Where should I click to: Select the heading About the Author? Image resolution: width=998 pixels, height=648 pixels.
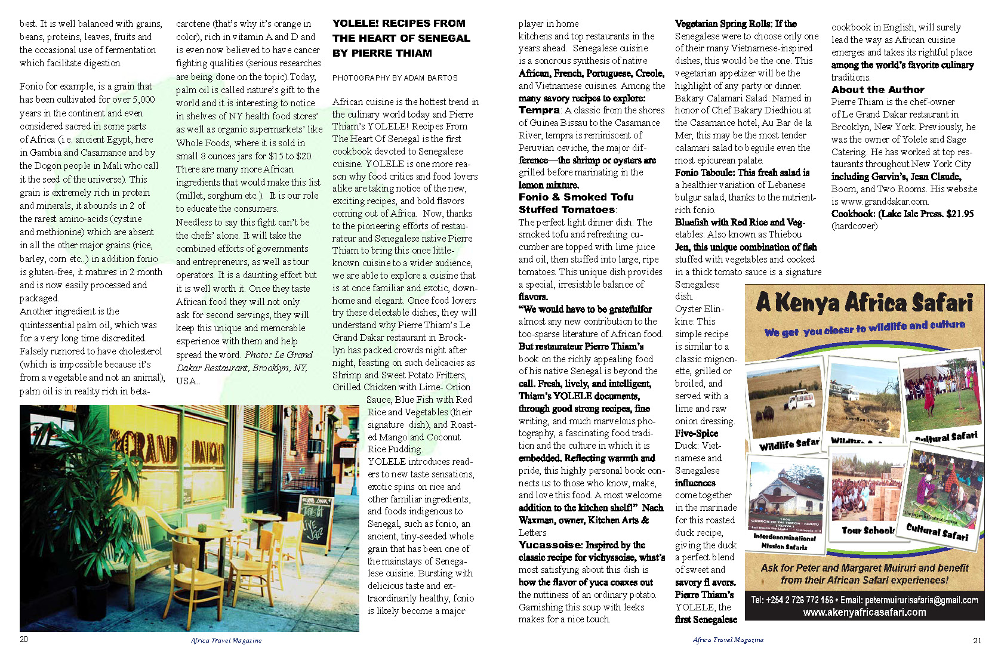click(877, 90)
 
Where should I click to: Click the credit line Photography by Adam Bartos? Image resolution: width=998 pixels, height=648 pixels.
click(395, 78)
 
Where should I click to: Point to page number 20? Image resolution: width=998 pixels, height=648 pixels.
click(24, 639)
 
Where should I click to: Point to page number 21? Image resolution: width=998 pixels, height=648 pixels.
click(977, 640)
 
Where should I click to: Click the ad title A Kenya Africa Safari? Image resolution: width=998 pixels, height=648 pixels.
click(864, 303)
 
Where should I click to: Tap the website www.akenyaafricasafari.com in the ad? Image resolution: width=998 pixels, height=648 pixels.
click(864, 612)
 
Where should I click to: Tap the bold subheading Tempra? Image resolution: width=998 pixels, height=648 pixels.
click(539, 110)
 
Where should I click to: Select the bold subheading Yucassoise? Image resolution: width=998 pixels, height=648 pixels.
click(549, 545)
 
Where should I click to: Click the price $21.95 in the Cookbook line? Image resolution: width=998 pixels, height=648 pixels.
click(960, 214)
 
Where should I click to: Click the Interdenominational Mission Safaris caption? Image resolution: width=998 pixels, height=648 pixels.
click(784, 541)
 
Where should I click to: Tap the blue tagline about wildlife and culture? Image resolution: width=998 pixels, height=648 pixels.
click(864, 328)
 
